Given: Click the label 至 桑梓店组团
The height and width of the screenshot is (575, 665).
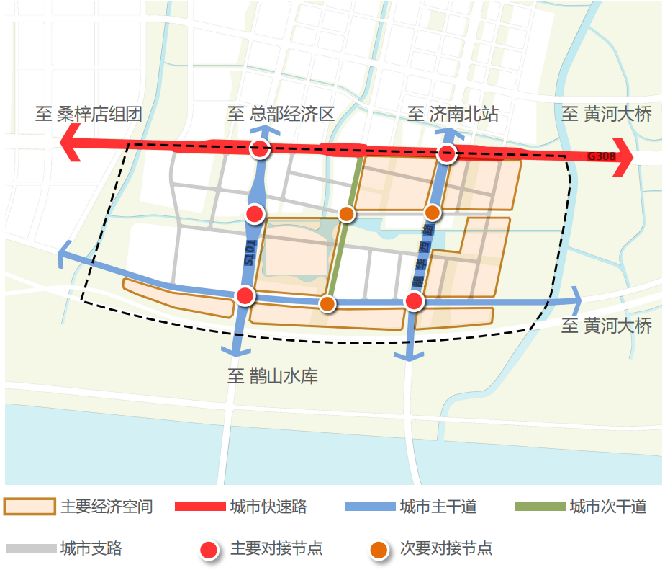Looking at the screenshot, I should point(89,113).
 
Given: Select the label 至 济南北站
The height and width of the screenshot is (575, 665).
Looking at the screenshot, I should point(453,113).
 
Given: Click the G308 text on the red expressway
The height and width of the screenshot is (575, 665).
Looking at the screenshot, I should point(601,156).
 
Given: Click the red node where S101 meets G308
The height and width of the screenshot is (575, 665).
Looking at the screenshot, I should point(259,149).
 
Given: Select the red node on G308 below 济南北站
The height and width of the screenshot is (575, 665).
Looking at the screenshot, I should point(447,153).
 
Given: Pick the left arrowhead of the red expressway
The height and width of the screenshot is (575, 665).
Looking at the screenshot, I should point(71,141).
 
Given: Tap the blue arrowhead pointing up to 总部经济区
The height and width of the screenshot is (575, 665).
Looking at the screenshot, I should point(265,130).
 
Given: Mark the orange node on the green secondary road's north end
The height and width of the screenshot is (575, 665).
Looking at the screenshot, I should point(346,213).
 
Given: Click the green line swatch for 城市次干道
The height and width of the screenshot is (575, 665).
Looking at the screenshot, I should point(540,507).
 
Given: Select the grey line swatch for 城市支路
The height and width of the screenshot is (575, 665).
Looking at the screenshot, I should point(31,548).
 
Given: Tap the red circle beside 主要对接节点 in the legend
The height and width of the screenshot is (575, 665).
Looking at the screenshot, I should point(209,550).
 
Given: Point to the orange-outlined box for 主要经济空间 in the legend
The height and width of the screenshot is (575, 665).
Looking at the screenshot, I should point(30,507).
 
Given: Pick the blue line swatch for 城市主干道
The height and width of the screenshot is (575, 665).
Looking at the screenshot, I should point(370,507).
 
